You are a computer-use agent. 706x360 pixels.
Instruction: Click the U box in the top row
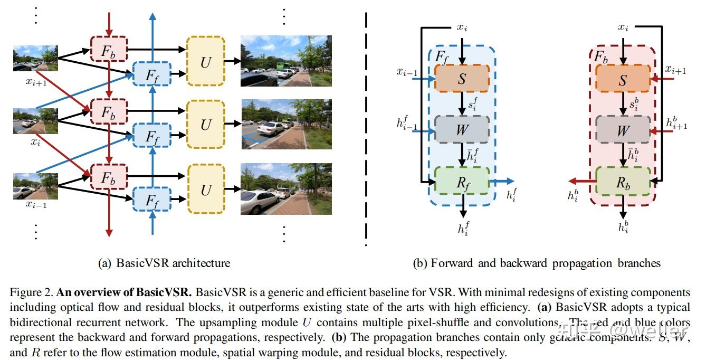click(206, 62)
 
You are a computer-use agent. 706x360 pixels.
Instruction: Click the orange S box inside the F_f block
click(462, 79)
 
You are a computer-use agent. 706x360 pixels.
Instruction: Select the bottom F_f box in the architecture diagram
click(152, 200)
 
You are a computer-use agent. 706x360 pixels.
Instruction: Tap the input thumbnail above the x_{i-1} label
click(35, 186)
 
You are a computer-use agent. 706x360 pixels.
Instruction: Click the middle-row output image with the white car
click(286, 125)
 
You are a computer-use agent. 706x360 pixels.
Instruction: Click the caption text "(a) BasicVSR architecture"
click(164, 263)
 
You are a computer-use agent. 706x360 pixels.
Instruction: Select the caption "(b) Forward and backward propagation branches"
click(536, 263)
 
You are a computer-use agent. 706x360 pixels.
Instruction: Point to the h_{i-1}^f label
click(407, 124)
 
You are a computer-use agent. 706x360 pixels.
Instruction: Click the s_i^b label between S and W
click(634, 104)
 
